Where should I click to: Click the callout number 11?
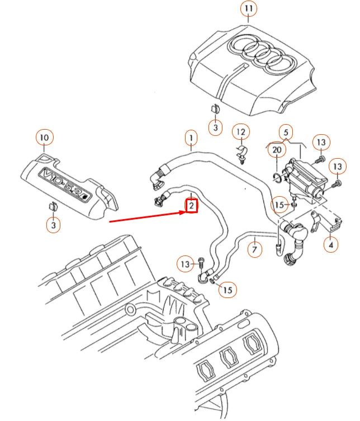(x=249, y=10)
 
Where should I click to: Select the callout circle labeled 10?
(x=45, y=137)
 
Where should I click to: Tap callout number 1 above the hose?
(x=191, y=137)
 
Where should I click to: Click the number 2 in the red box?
(x=191, y=206)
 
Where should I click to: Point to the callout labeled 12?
(x=240, y=133)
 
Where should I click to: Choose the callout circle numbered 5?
(x=286, y=133)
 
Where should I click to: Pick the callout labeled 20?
(x=277, y=150)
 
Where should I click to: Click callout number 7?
(x=254, y=248)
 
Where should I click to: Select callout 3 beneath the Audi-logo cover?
(x=216, y=127)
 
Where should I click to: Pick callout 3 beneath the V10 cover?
(x=53, y=225)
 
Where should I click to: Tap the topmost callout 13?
(x=321, y=143)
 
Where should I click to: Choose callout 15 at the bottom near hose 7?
(x=227, y=289)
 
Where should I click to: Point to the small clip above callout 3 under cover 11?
(x=215, y=109)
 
